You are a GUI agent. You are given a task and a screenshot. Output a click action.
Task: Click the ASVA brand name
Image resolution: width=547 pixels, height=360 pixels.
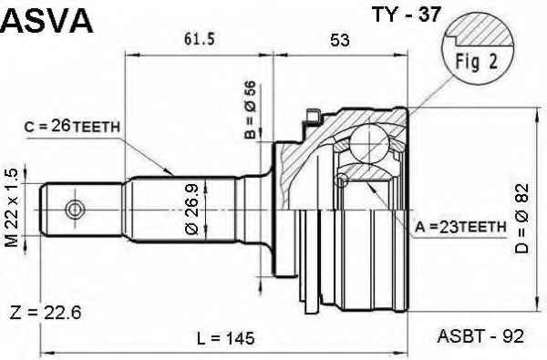46,21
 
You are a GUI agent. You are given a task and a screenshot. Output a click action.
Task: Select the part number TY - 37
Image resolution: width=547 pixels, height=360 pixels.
407,15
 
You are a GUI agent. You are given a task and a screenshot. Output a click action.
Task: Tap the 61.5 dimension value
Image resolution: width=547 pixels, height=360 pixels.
199,38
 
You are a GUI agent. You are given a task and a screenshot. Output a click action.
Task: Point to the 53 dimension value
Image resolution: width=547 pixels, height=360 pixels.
340,40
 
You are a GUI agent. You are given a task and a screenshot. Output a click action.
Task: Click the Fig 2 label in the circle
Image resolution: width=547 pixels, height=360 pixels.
476,62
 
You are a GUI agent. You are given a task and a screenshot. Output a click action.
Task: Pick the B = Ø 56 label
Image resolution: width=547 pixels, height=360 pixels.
250,110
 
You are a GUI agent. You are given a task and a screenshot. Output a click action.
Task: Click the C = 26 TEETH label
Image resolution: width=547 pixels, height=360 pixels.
72,127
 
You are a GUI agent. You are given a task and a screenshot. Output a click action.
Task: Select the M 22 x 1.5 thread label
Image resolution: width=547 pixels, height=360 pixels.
12,208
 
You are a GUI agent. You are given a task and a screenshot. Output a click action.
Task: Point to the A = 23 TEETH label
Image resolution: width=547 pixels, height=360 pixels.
460,227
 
